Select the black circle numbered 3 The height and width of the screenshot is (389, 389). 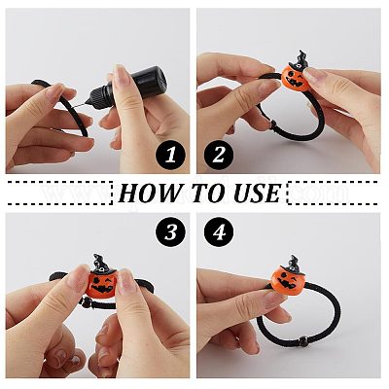[170, 232]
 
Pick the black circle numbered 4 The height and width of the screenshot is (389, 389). [219, 232]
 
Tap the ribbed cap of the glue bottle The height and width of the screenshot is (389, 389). [100, 95]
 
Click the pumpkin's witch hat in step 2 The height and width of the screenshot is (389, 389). [299, 62]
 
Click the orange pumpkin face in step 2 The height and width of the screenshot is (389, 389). [295, 80]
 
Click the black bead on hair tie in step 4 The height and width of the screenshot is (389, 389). [303, 340]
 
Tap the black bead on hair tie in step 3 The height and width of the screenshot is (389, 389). [87, 302]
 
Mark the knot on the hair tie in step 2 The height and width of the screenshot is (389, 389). [274, 124]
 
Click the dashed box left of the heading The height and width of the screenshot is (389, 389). [59, 194]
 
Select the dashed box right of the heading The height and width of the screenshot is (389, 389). [333, 194]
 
